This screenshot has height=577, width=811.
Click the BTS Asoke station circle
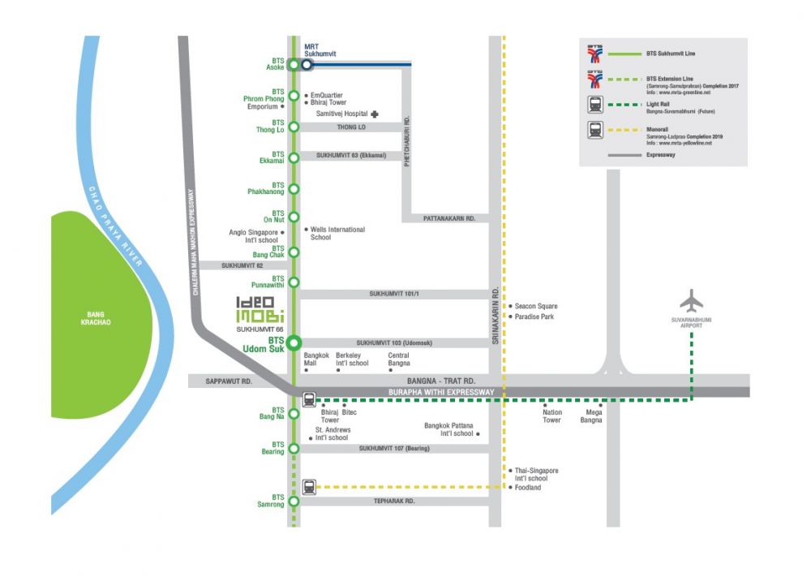tap(294, 65)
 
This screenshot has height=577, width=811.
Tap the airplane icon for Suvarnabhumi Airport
tap(692, 301)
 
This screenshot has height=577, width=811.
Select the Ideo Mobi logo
tap(260, 308)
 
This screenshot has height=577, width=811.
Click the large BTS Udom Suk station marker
tap(294, 342)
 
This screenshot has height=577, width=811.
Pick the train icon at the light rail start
tap(309, 399)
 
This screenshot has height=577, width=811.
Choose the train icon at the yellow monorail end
tap(309, 487)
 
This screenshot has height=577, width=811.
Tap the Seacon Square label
tap(536, 306)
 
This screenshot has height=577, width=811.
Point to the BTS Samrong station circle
tap(294, 501)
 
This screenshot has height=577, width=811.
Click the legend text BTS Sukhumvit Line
tap(671, 54)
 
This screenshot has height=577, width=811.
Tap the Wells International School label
tap(337, 233)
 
